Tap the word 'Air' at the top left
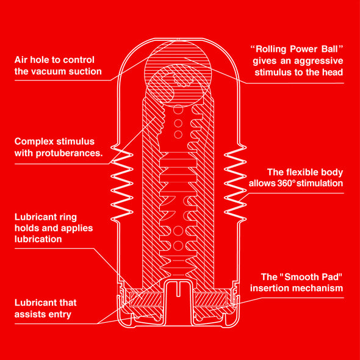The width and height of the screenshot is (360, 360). (x=22, y=60)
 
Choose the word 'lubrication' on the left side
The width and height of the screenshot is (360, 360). (x=38, y=239)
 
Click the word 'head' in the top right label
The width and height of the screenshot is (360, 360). (x=331, y=73)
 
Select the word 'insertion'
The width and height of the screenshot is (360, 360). (x=270, y=288)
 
